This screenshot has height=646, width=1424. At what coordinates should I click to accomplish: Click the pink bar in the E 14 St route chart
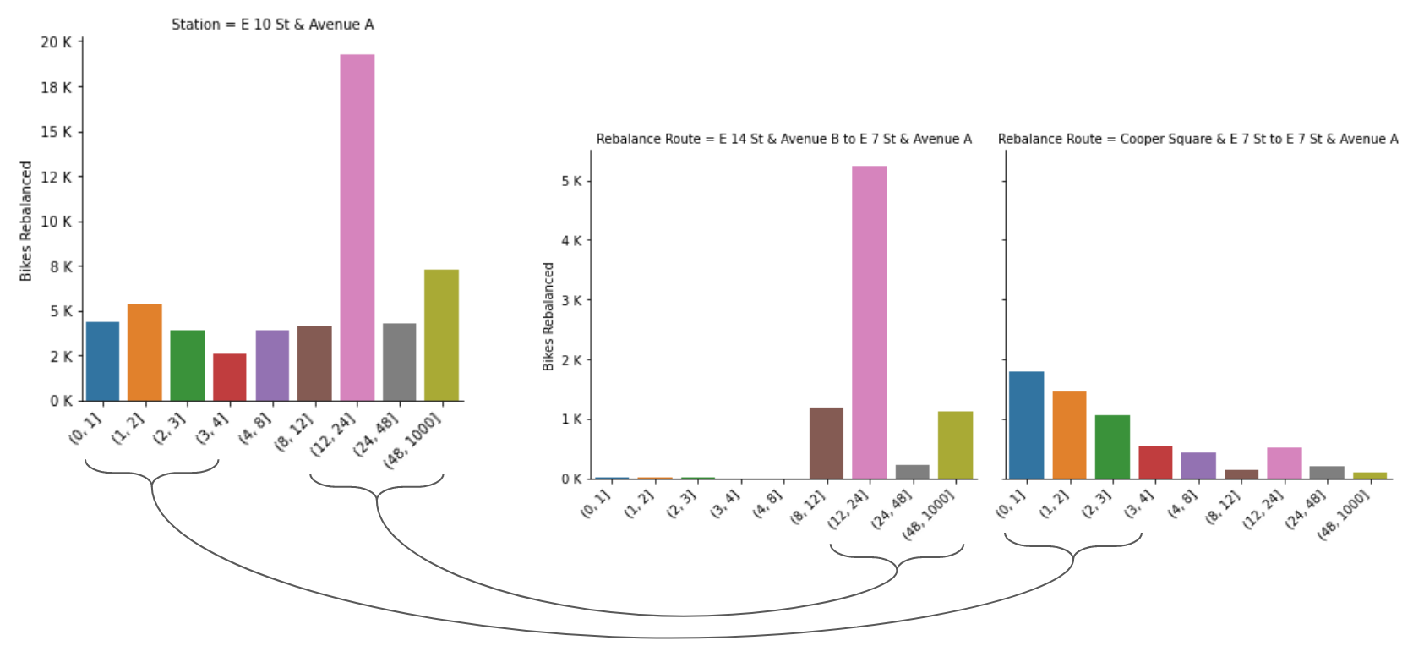(x=869, y=321)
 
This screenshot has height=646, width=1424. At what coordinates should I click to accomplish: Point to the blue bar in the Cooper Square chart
(x=1026, y=424)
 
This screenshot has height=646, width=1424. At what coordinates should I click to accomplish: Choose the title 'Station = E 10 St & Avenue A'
(x=272, y=25)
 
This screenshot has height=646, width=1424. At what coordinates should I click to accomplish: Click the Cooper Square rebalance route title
(x=1198, y=139)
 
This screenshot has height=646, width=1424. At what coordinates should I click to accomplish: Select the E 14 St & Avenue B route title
(x=783, y=139)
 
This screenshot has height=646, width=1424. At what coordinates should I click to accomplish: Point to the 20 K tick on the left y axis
(x=57, y=42)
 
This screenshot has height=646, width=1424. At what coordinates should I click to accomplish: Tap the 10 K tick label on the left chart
(x=57, y=222)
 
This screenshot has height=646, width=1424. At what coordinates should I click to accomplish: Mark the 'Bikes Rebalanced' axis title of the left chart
(x=26, y=221)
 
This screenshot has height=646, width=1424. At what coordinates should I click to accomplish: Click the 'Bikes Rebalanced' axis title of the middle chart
(x=548, y=316)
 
